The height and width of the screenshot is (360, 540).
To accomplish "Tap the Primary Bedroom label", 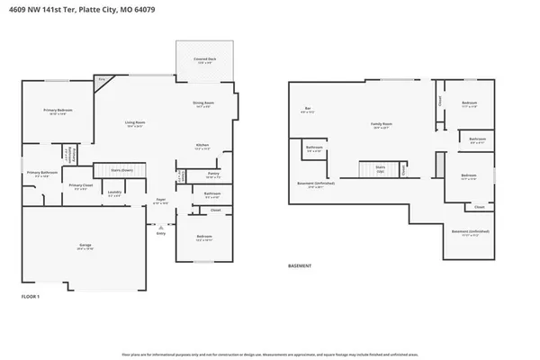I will point(57,111).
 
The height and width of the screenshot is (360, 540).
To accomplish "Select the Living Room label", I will point(135,123).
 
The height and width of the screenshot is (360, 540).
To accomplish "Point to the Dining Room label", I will point(202,103).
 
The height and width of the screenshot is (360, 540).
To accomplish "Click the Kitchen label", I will point(203,146).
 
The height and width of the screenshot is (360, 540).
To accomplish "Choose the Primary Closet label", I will point(78,186).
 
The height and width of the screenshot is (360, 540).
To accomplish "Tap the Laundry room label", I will point(114,192).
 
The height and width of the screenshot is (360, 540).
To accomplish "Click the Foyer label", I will point(159,202).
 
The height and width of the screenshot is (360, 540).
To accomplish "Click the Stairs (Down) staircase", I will point(121,168).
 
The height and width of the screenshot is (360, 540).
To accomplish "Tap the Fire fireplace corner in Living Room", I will point(102,80).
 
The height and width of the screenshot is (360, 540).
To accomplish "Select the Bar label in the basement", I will point(308,109).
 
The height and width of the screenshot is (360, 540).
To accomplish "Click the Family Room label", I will point(382,126).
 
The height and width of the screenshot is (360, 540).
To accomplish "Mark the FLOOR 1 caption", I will point(31,295).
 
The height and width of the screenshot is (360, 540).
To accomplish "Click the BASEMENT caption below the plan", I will point(300,266).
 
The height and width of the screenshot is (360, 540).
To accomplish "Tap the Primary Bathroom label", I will point(41,173).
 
